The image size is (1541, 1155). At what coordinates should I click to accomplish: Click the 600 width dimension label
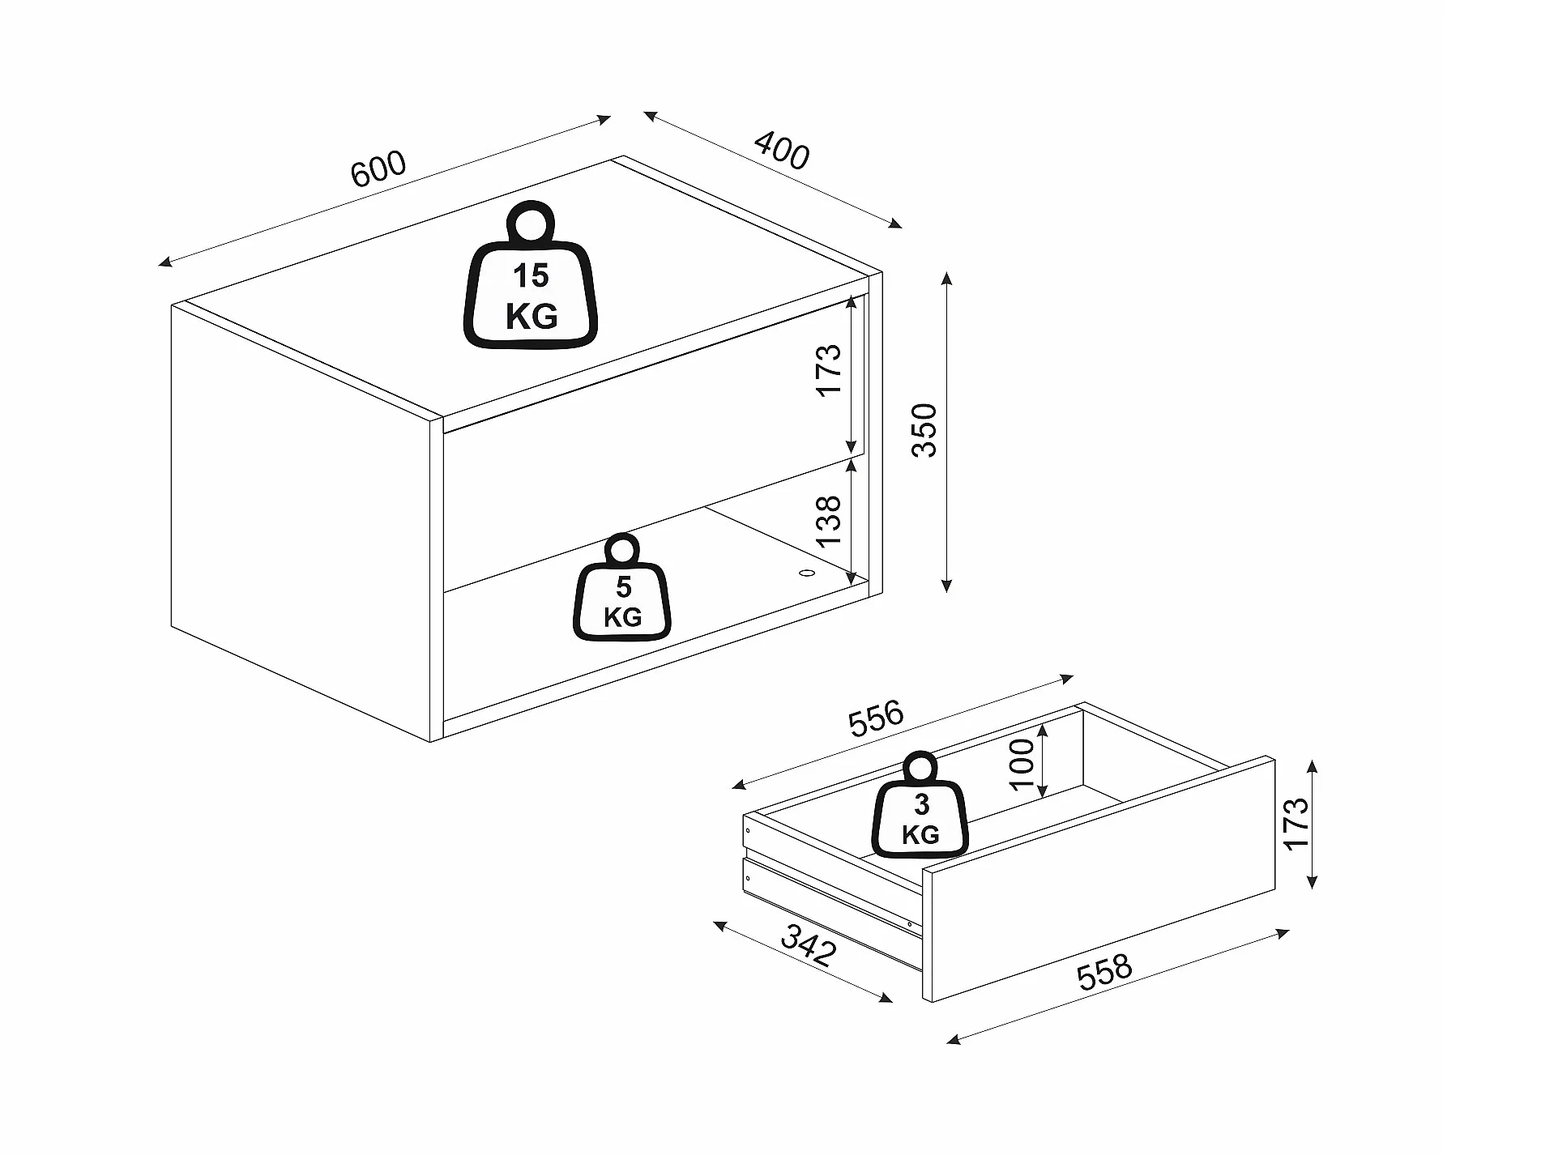coord(378,169)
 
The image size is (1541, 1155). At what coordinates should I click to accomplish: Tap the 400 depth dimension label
coord(781,151)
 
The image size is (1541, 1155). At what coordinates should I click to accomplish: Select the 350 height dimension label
coord(924,430)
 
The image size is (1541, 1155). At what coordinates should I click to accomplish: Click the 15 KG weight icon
coord(531,279)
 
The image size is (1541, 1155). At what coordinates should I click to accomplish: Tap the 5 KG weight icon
coord(622,591)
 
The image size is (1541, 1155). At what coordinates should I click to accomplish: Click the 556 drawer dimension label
coord(875,718)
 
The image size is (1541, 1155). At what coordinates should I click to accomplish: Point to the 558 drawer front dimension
coord(1103,973)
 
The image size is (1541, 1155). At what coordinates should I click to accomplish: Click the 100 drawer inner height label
coord(1022,764)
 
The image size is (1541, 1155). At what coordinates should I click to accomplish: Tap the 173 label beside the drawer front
coord(1296,823)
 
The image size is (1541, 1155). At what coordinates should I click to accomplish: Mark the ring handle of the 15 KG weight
coord(530,221)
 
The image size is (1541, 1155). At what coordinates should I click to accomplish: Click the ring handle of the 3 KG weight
coord(920,769)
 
